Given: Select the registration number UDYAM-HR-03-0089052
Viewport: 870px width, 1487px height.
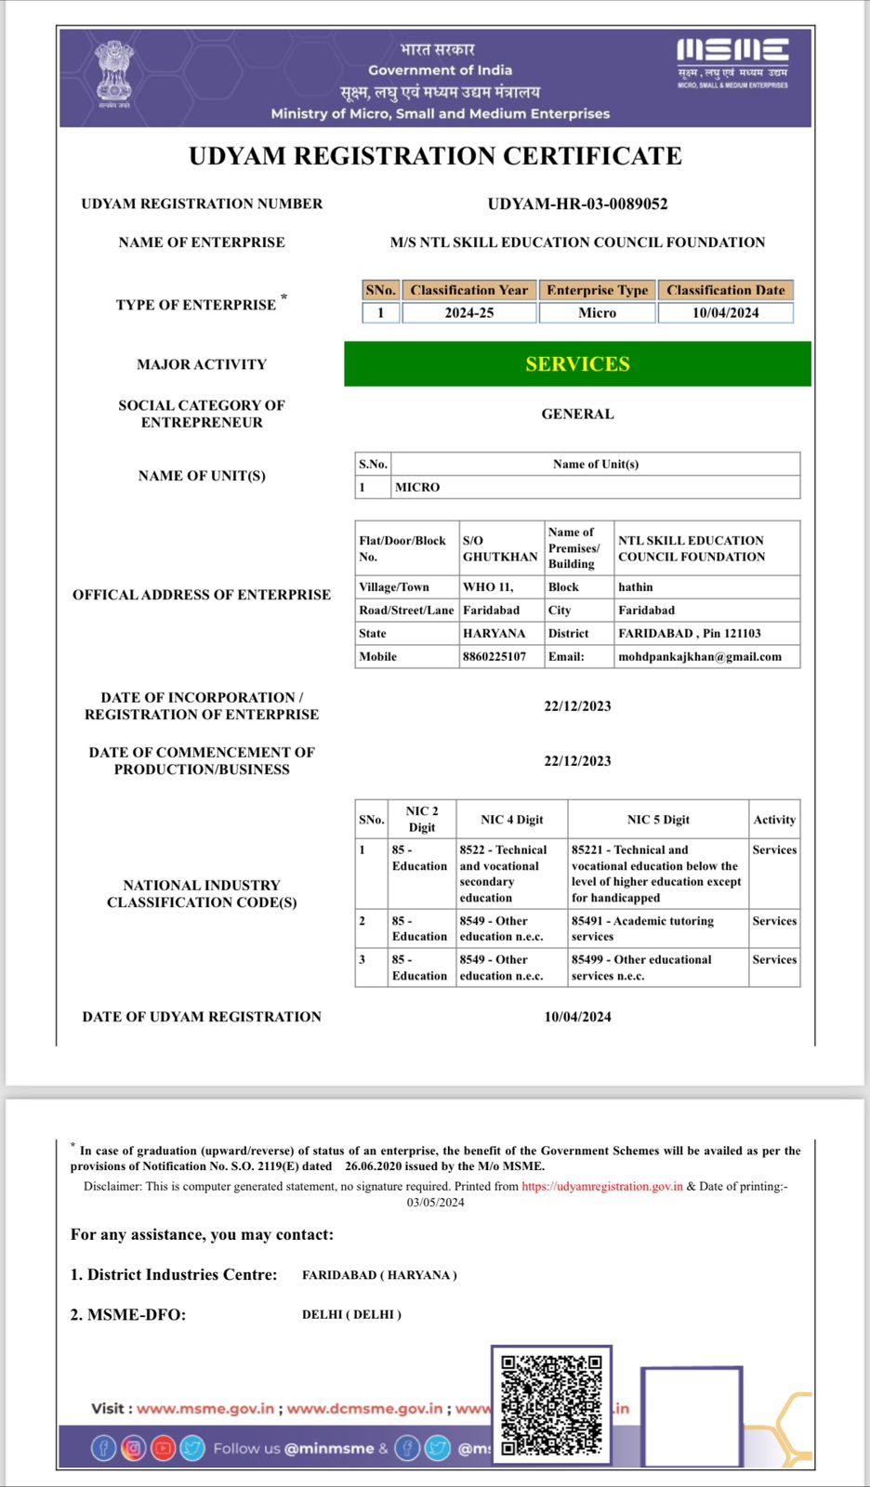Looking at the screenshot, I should point(577,204).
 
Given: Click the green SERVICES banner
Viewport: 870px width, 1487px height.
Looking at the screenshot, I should point(577,363).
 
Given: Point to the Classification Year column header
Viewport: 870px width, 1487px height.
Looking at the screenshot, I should point(468,290).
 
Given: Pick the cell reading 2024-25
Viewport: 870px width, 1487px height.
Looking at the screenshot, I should point(468,313).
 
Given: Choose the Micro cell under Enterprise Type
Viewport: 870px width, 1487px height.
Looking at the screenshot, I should point(597,313).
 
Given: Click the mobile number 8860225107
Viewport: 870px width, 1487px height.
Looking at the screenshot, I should point(494,657).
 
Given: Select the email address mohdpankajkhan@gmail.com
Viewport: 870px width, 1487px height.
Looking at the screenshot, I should point(700,657).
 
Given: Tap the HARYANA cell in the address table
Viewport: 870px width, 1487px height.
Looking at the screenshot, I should point(494,634).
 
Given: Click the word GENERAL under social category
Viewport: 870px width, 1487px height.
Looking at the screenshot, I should point(577,415).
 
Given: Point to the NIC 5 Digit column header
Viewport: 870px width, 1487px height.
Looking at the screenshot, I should point(658,820).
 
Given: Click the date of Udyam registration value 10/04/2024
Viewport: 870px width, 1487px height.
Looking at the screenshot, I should point(577,1017).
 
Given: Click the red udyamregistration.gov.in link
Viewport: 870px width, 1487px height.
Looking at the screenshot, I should point(602,1187).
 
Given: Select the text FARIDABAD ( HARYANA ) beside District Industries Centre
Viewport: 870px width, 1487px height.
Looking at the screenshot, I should point(379,1275).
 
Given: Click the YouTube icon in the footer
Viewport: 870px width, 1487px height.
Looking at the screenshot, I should point(164,1447).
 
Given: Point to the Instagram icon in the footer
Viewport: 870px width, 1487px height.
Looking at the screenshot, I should point(134,1447).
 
